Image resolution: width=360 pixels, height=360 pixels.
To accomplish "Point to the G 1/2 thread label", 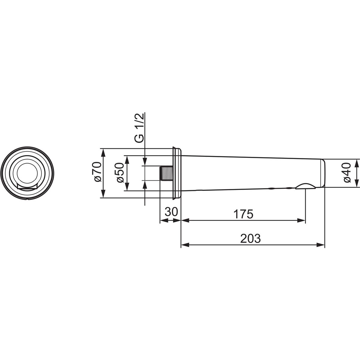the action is pos(139,128).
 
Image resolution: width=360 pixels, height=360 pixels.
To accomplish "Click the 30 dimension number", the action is pos(171,212).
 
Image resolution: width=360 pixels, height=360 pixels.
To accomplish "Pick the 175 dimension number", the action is pos(243,214).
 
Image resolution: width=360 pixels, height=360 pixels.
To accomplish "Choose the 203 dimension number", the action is pos(250,238).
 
